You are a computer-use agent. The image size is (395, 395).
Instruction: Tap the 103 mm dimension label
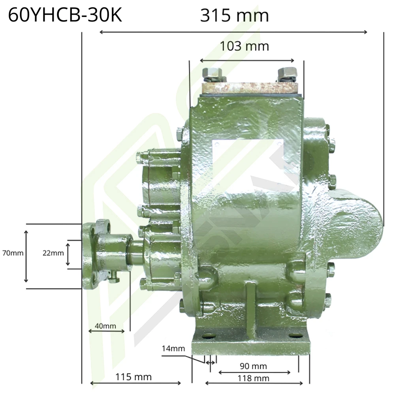coord(244,46)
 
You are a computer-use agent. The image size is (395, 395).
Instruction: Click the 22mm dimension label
coord(53,253)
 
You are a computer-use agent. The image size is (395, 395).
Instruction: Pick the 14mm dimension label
coord(173,348)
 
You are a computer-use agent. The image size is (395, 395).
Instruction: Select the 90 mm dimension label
coord(253,366)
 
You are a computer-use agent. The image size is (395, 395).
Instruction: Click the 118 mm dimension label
coord(253,378)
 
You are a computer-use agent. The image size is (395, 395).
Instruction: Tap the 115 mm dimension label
coord(134,377)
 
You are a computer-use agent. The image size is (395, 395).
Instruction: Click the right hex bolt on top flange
coord(287,74)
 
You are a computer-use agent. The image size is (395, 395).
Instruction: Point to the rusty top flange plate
coord(249,87)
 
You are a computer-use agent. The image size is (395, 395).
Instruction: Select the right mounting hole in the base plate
coord(294,336)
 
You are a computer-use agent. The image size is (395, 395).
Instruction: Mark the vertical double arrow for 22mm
coord(68,254)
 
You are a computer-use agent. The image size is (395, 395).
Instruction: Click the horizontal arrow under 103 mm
coord(247,60)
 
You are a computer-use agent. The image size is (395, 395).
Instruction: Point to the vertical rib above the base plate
coord(250,308)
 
